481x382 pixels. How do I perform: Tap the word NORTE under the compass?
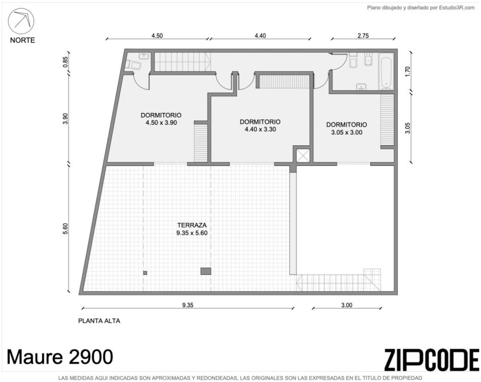coord(22,40)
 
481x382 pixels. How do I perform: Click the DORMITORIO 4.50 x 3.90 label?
coord(161,119)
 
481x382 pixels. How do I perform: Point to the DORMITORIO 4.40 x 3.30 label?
coord(260,125)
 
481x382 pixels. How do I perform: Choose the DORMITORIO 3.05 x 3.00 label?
coord(347,128)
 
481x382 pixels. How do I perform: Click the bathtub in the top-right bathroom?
coord(386,72)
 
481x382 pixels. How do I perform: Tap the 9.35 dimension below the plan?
coord(188,305)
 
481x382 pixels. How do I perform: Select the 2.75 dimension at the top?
coord(363,35)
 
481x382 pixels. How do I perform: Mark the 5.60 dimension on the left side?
coord(65,229)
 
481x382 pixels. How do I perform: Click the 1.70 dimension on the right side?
coord(407,72)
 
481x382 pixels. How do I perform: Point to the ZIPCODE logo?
coord(431,359)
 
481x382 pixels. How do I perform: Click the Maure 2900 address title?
coord(60,356)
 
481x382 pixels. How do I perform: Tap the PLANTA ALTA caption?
coord(99,321)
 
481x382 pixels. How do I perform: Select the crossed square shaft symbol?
coord(303,156)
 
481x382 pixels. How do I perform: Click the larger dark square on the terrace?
coord(206,271)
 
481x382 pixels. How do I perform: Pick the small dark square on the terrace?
coord(145,273)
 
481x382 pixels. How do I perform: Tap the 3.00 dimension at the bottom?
coord(347,305)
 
